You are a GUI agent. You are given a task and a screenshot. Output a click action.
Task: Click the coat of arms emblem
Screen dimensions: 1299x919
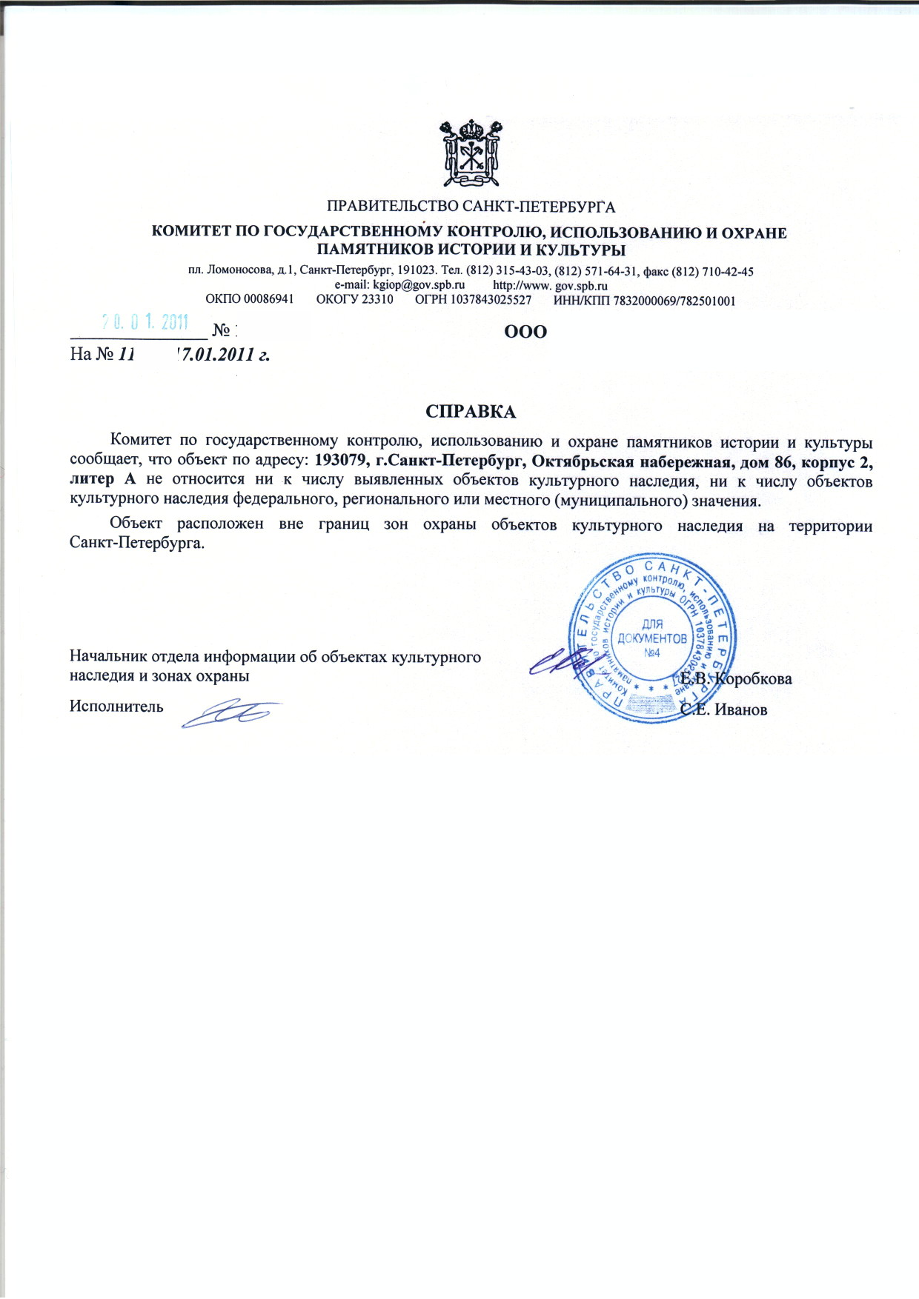point(470,153)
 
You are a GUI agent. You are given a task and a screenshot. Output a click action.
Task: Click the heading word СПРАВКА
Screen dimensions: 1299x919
point(471,412)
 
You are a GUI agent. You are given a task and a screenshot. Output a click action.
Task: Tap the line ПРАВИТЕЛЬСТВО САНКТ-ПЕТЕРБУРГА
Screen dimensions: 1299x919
point(471,207)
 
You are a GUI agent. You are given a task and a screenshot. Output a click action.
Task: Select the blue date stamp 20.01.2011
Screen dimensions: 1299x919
point(145,322)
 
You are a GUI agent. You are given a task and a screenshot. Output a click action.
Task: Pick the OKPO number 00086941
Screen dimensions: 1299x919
point(268,301)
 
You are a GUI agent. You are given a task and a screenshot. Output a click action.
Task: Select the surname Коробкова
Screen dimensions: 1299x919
point(753,679)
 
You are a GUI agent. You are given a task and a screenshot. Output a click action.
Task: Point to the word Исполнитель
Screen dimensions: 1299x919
point(116,706)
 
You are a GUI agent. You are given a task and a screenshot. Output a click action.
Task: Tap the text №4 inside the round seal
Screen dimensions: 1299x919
point(652,652)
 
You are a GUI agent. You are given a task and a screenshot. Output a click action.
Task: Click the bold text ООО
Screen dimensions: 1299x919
point(525,332)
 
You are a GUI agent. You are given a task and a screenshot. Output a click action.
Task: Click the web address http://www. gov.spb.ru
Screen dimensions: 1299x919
point(550,286)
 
